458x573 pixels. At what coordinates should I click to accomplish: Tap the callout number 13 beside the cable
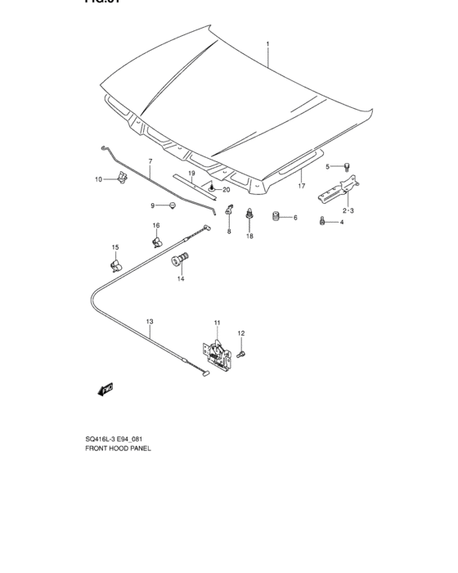(150, 322)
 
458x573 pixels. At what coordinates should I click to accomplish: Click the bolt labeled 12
(241, 353)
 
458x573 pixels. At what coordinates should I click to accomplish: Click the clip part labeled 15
(115, 264)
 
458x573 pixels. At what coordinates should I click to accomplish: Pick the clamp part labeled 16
(155, 241)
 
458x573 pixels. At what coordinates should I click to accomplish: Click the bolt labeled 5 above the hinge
(346, 166)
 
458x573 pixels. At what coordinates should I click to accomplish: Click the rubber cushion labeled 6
(276, 217)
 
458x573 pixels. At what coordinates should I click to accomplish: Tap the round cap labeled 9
(173, 205)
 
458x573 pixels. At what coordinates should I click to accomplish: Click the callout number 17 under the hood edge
(301, 187)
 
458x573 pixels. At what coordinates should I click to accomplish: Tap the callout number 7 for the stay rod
(150, 161)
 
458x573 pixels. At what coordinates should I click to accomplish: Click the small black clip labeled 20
(212, 189)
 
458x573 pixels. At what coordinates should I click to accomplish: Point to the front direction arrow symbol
(106, 390)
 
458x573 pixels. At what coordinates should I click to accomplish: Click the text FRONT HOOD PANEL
(118, 449)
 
